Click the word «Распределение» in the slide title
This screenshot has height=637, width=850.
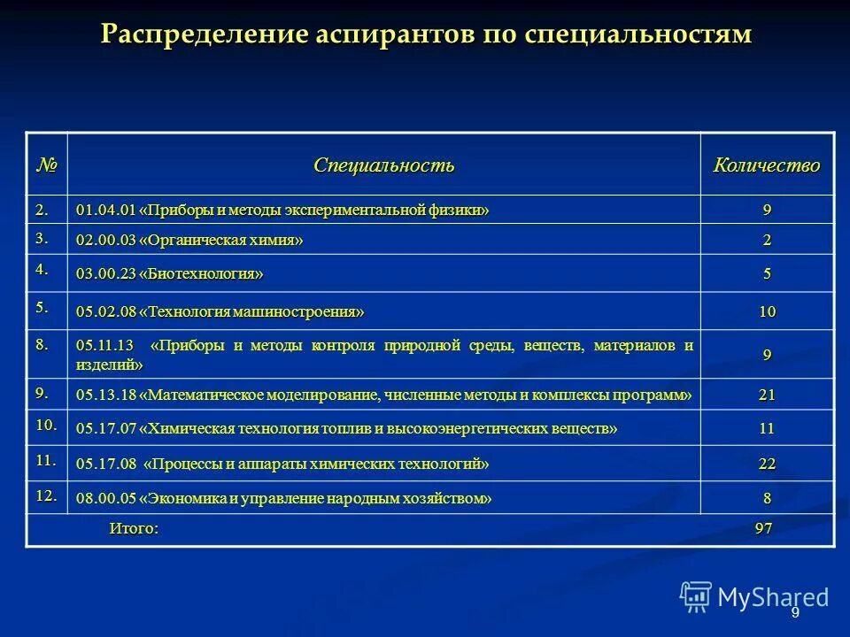coord(203,35)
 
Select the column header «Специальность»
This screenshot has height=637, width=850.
coord(383,165)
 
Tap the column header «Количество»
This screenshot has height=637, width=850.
coord(767,165)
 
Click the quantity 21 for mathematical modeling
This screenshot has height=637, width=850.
coord(767,395)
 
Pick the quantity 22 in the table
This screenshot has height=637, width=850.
coord(767,464)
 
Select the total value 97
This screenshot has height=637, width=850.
coord(764,529)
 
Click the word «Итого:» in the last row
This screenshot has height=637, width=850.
coord(134,529)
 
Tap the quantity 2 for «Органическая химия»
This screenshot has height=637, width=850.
coord(767,240)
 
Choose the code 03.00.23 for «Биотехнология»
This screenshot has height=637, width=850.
coord(105,274)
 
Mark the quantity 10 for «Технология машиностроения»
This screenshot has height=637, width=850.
coord(767,311)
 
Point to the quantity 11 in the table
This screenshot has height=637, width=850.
coord(767,429)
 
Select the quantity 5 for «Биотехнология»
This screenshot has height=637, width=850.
coord(767,274)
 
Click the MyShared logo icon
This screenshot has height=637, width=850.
coord(696,597)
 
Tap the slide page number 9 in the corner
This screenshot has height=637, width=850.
coord(795,613)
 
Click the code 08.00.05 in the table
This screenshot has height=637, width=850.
coord(105,499)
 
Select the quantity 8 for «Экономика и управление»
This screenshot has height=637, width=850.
coord(767,499)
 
